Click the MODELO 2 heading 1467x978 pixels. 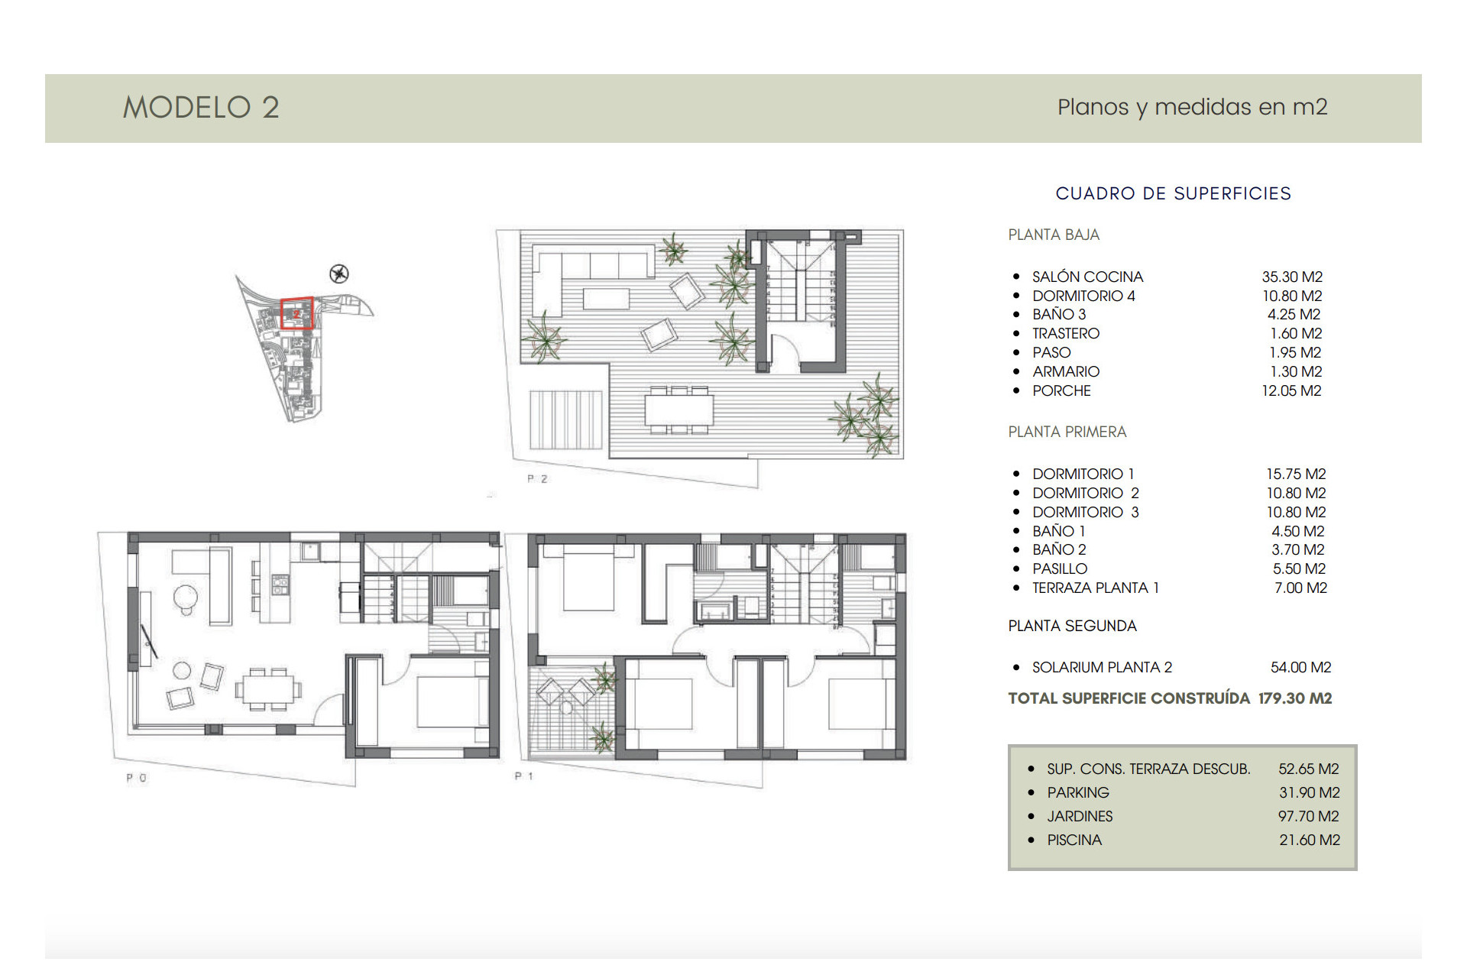click(201, 108)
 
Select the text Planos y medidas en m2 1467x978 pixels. click(1192, 107)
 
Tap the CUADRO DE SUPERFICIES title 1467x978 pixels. click(1173, 193)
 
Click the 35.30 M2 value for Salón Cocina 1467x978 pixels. click(1292, 277)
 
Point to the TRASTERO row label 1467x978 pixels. click(1066, 333)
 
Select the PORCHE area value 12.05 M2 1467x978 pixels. click(1291, 390)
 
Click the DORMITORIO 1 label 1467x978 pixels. click(1083, 474)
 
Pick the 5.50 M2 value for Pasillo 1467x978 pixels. click(1299, 568)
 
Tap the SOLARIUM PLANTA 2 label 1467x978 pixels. click(1102, 667)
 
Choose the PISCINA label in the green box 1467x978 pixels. click(1074, 840)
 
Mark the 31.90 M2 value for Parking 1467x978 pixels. click(1310, 792)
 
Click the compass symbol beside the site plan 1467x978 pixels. click(339, 274)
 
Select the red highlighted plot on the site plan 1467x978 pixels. click(296, 313)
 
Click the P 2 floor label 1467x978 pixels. click(537, 479)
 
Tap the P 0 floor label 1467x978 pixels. click(137, 778)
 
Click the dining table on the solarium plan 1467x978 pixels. click(678, 410)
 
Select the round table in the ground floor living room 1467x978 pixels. click(185, 596)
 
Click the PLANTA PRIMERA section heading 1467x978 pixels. click(1067, 432)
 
